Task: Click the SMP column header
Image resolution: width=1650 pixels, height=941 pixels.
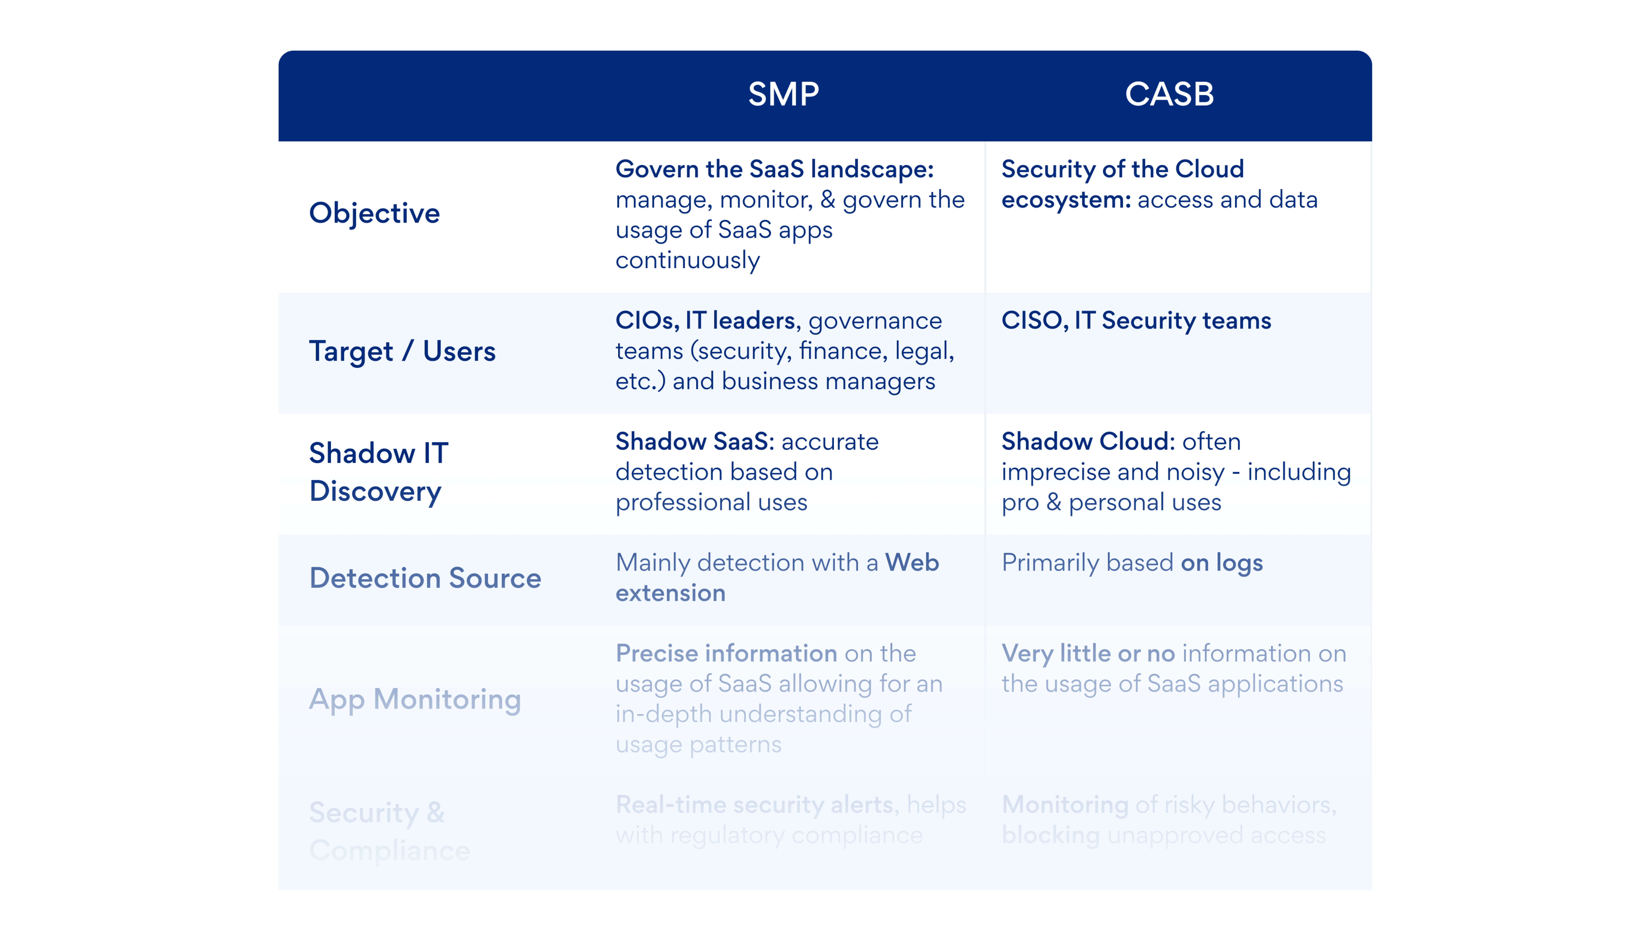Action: [x=783, y=94]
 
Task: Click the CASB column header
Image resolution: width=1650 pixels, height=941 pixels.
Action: [x=1169, y=94]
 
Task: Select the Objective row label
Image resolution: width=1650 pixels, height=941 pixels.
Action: [x=374, y=213]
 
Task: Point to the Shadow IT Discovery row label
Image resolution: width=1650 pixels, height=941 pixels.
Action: [x=378, y=472]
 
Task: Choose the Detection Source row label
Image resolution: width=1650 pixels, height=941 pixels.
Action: [x=425, y=578]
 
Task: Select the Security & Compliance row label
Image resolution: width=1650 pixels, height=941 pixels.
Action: [x=389, y=831]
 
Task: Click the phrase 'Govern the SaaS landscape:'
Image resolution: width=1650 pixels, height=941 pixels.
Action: [x=774, y=169]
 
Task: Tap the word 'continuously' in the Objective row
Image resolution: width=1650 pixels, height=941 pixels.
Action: [x=687, y=261]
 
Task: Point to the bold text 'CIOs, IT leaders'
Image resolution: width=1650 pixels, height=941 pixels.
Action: [x=705, y=321]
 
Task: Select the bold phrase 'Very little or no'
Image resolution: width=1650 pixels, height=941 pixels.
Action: [x=1088, y=653]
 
